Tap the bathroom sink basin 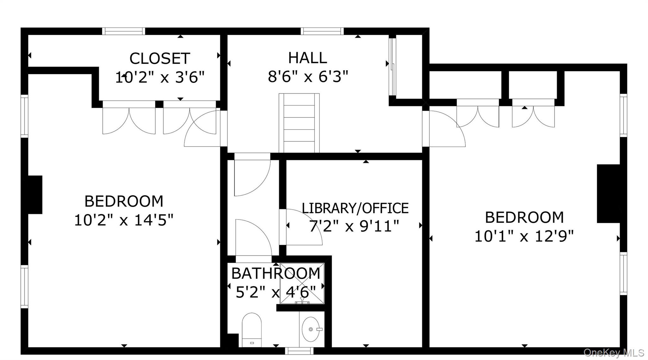[310, 329]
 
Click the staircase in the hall [299, 123]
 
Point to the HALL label [308, 58]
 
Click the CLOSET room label [160, 59]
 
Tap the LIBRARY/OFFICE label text [355, 208]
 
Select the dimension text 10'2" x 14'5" [124, 220]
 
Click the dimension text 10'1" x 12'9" [524, 236]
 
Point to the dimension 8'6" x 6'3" [308, 77]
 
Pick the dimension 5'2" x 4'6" [276, 292]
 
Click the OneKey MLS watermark [614, 352]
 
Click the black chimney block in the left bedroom [35, 195]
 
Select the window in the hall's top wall [322, 31]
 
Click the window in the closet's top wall [124, 31]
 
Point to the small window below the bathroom [299, 351]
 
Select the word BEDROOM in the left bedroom [124, 201]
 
